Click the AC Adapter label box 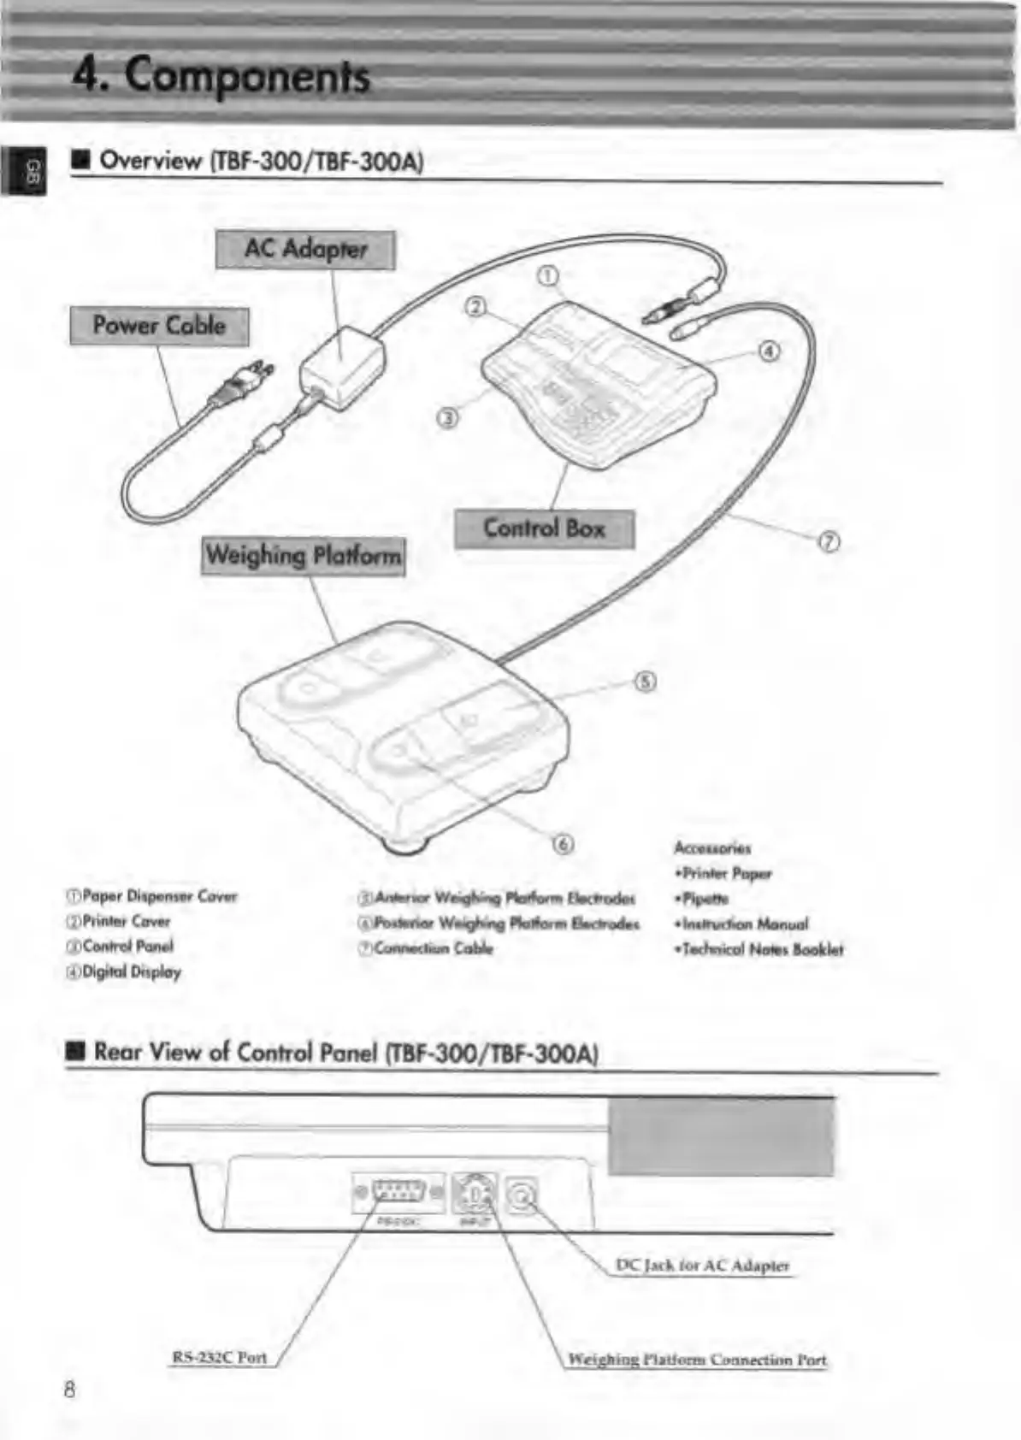pos(305,250)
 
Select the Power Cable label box pos(159,326)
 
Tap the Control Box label pos(544,528)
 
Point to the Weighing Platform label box pos(303,556)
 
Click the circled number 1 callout pos(547,275)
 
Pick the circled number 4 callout pos(769,351)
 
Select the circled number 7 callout pos(829,541)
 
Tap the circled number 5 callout pos(646,682)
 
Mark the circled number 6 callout pos(562,844)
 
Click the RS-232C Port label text pos(220,1357)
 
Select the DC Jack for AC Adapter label pos(702,1266)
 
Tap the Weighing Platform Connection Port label pos(697,1360)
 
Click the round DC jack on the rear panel pos(521,1195)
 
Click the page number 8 pos(69,1389)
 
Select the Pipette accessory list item pos(703,899)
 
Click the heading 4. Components pos(221,75)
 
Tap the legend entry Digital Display pos(124,972)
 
